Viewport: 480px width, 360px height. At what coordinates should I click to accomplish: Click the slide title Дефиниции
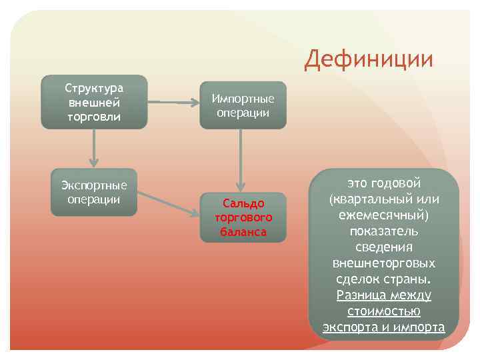(369, 59)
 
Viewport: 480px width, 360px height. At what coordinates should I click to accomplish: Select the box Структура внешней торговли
(94, 102)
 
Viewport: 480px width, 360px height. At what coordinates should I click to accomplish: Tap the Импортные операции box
(243, 105)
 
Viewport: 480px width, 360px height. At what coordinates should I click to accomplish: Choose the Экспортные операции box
(94, 192)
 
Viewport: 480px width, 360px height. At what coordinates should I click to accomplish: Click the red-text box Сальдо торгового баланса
(243, 217)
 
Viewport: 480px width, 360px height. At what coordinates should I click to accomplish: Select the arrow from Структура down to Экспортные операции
(94, 148)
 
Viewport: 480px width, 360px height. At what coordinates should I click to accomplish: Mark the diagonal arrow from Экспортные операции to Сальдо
(170, 204)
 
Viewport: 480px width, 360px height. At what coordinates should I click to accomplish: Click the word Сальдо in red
(243, 203)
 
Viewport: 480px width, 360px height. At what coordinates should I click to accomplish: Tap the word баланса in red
(243, 232)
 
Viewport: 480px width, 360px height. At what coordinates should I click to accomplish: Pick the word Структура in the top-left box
(94, 88)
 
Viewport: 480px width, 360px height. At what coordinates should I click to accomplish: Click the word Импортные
(243, 98)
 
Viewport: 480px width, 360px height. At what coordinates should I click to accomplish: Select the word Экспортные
(94, 185)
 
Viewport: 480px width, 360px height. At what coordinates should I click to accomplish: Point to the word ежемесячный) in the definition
(384, 215)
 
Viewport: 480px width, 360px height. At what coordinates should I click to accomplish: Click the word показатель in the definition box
(384, 231)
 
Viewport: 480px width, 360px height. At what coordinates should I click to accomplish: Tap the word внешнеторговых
(384, 263)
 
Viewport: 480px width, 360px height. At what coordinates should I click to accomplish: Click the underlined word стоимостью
(384, 311)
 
